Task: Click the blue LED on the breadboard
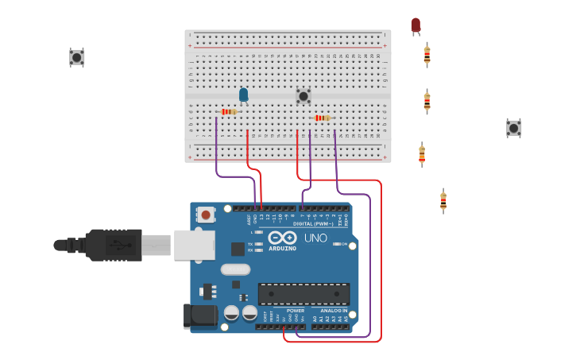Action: (244, 95)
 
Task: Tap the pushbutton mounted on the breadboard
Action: (303, 96)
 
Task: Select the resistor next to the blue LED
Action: (229, 112)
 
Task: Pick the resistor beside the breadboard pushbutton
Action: (322, 118)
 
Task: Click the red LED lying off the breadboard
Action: (416, 25)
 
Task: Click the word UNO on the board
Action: (315, 238)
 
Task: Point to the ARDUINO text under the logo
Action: (282, 248)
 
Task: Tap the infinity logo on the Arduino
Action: (282, 237)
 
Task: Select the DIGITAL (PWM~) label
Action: (314, 224)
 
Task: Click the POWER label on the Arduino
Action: (284, 311)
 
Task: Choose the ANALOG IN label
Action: (334, 311)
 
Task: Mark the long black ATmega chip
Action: (303, 293)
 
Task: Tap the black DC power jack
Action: (200, 315)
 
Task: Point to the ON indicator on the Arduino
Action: (344, 244)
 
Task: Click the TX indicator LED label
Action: (250, 244)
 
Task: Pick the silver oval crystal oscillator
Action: (236, 269)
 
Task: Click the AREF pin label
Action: (249, 219)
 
